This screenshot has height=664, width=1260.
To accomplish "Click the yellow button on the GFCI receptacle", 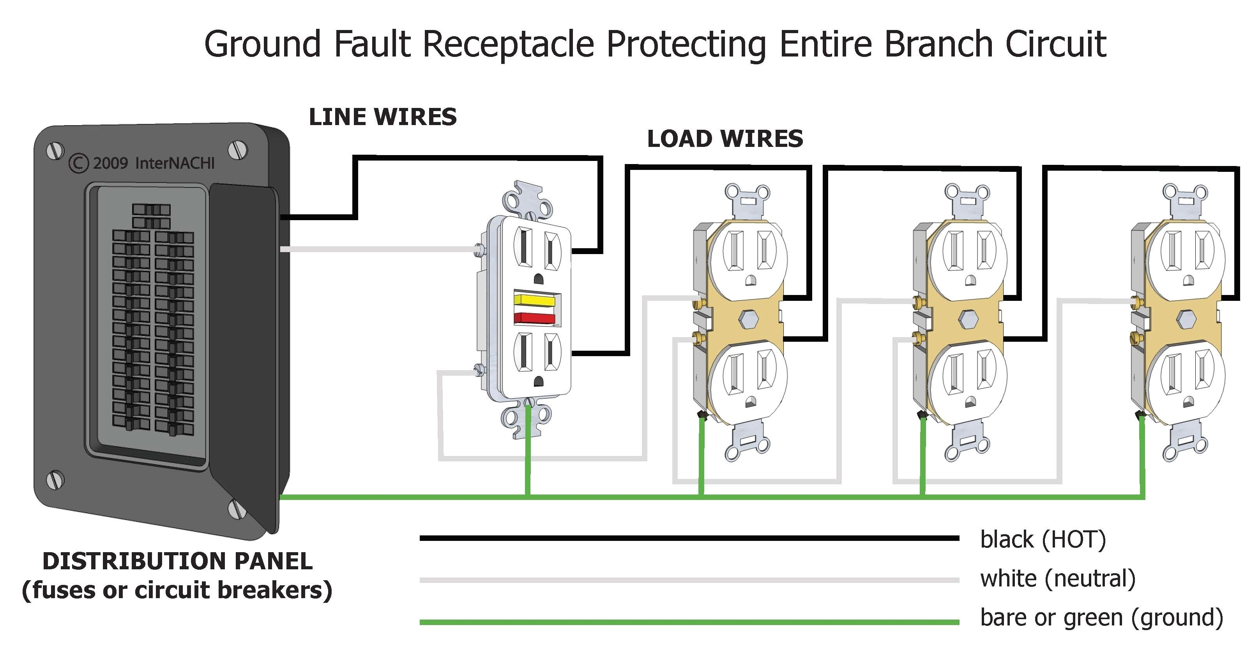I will pos(534,299).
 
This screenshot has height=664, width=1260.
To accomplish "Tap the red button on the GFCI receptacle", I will pos(534,318).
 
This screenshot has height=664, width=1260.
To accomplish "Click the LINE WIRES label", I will pos(382,117).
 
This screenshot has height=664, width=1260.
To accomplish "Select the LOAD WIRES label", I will pos(725,139).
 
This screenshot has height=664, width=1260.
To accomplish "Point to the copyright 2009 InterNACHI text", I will pos(142,163).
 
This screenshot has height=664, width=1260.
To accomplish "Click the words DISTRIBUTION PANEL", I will pos(177,561).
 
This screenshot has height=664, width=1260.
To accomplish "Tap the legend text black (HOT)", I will pos(1043,540).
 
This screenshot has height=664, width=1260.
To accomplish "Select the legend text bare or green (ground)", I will pos(1101,618).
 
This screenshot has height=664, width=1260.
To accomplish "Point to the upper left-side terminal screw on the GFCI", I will pos(479,250).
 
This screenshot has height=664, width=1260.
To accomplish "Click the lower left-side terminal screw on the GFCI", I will pos(479,371).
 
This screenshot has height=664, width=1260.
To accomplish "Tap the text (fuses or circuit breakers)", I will pos(177,590).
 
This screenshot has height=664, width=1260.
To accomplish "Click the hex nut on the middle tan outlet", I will pos(967,319).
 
